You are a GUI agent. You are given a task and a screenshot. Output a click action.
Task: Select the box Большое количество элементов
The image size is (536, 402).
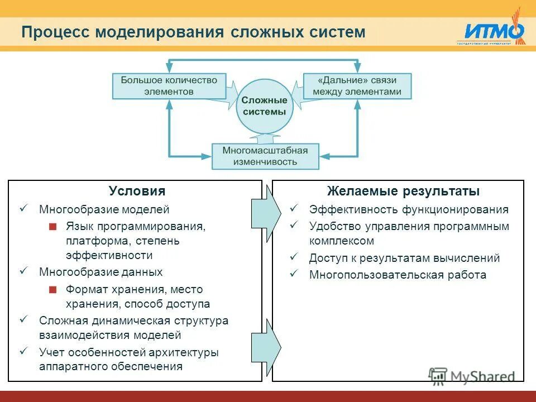[x=169, y=85]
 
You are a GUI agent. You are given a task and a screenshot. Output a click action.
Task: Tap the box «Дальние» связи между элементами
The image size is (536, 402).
[x=357, y=85]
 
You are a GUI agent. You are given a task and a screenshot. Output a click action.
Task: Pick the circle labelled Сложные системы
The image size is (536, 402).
[x=264, y=106]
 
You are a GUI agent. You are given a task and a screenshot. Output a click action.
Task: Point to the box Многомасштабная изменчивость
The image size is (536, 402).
[x=265, y=156]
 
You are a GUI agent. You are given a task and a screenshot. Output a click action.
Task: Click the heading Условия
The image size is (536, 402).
[x=137, y=192]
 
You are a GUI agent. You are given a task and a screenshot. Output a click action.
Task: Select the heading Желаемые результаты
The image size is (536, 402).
[x=403, y=192]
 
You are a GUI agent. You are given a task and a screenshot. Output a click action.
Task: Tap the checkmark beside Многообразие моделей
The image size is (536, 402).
[x=23, y=208]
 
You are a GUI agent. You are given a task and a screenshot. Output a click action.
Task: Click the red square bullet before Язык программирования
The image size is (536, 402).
[x=52, y=227]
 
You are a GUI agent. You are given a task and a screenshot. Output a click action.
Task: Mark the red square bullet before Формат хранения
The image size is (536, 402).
[x=52, y=290]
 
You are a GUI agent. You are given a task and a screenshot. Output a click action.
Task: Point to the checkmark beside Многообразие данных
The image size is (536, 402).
[x=23, y=271]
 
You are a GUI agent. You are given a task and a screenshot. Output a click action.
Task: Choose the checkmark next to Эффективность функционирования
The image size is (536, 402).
[x=294, y=208]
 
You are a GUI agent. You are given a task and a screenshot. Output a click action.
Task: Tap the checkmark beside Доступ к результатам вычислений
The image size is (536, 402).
[x=294, y=257]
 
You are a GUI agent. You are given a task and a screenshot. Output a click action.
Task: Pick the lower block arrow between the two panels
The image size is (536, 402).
[x=266, y=347]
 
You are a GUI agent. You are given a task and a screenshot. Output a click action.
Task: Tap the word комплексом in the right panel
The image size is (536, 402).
[x=341, y=241]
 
